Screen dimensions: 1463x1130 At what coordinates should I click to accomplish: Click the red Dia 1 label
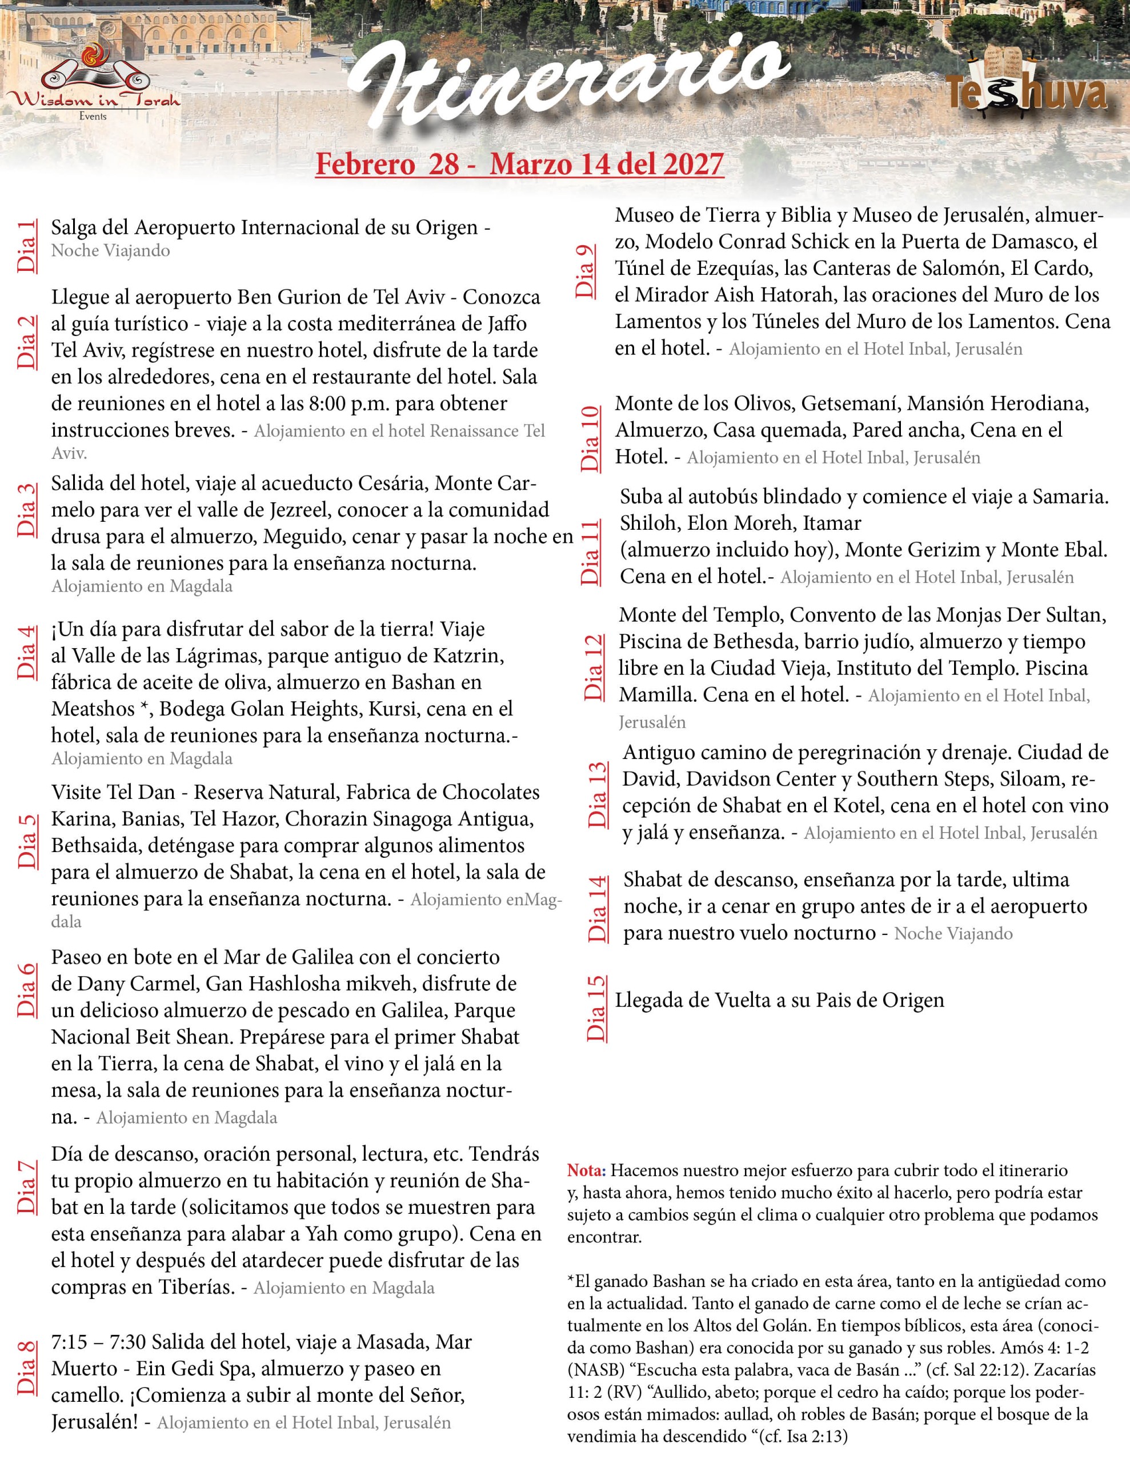(27, 245)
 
